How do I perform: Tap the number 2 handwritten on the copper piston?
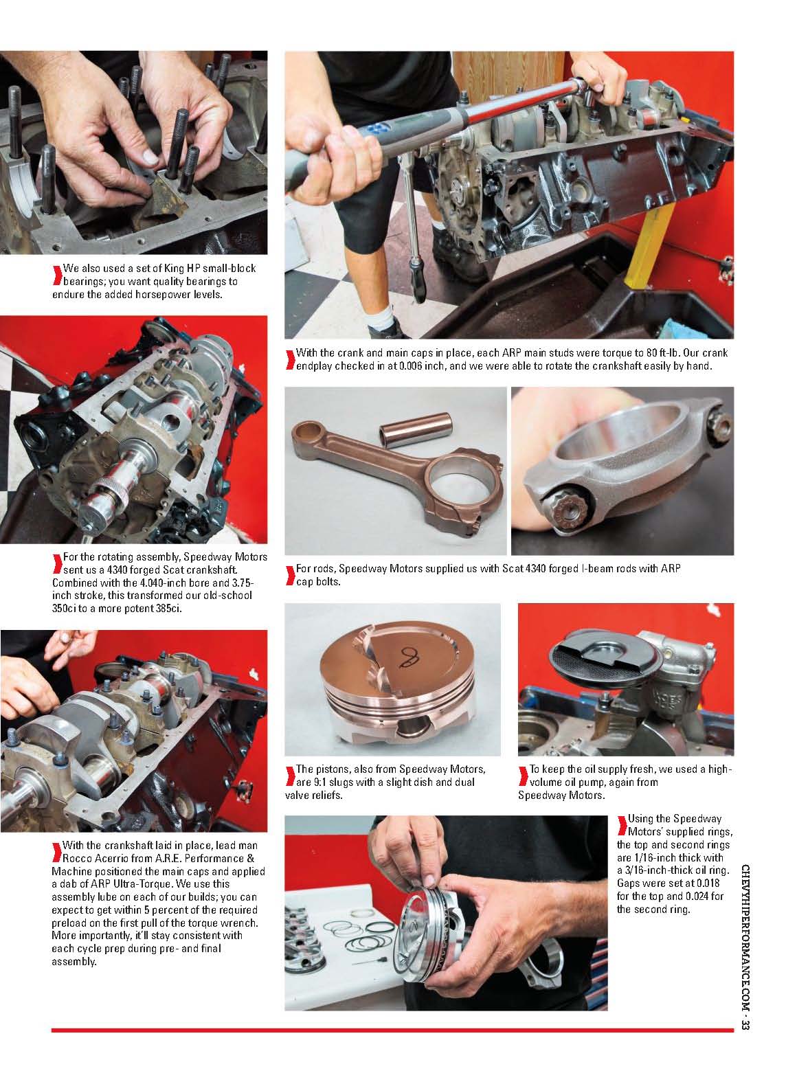coord(409,657)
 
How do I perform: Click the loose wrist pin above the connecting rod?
coord(415,427)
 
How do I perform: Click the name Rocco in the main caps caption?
coord(76,858)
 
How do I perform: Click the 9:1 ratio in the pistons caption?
coord(321,782)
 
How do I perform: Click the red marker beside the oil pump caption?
coord(523,776)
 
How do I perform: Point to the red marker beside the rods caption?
coord(290,575)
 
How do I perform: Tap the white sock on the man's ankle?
coord(381,319)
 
